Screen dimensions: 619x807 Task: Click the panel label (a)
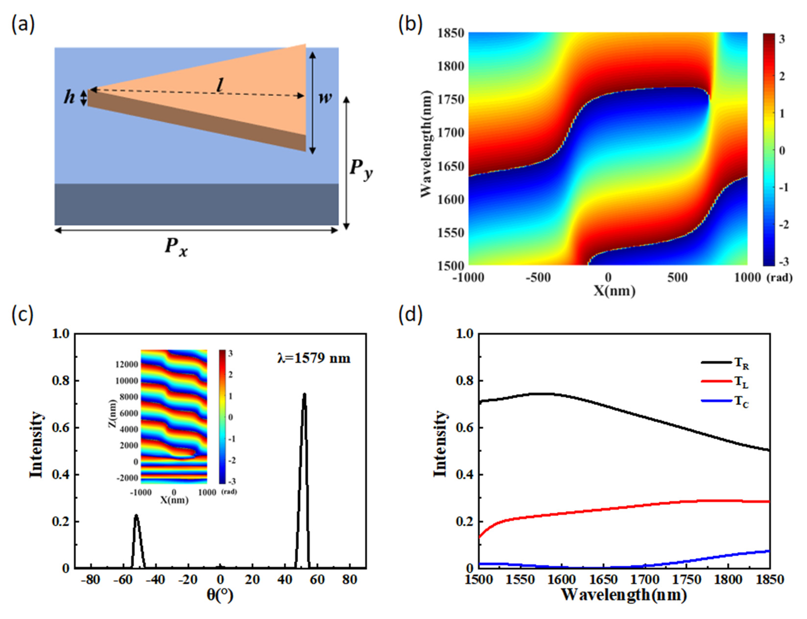(23, 25)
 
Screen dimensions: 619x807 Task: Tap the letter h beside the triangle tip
(69, 97)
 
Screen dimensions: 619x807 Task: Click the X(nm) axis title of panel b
(614, 291)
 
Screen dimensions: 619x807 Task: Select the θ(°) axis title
(220, 595)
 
